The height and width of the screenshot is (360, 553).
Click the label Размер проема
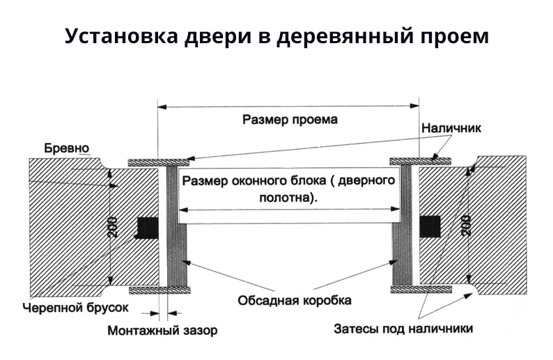pos(290,119)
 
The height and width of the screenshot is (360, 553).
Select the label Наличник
pos(451,129)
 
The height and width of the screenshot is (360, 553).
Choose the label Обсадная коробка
pos(295,301)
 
